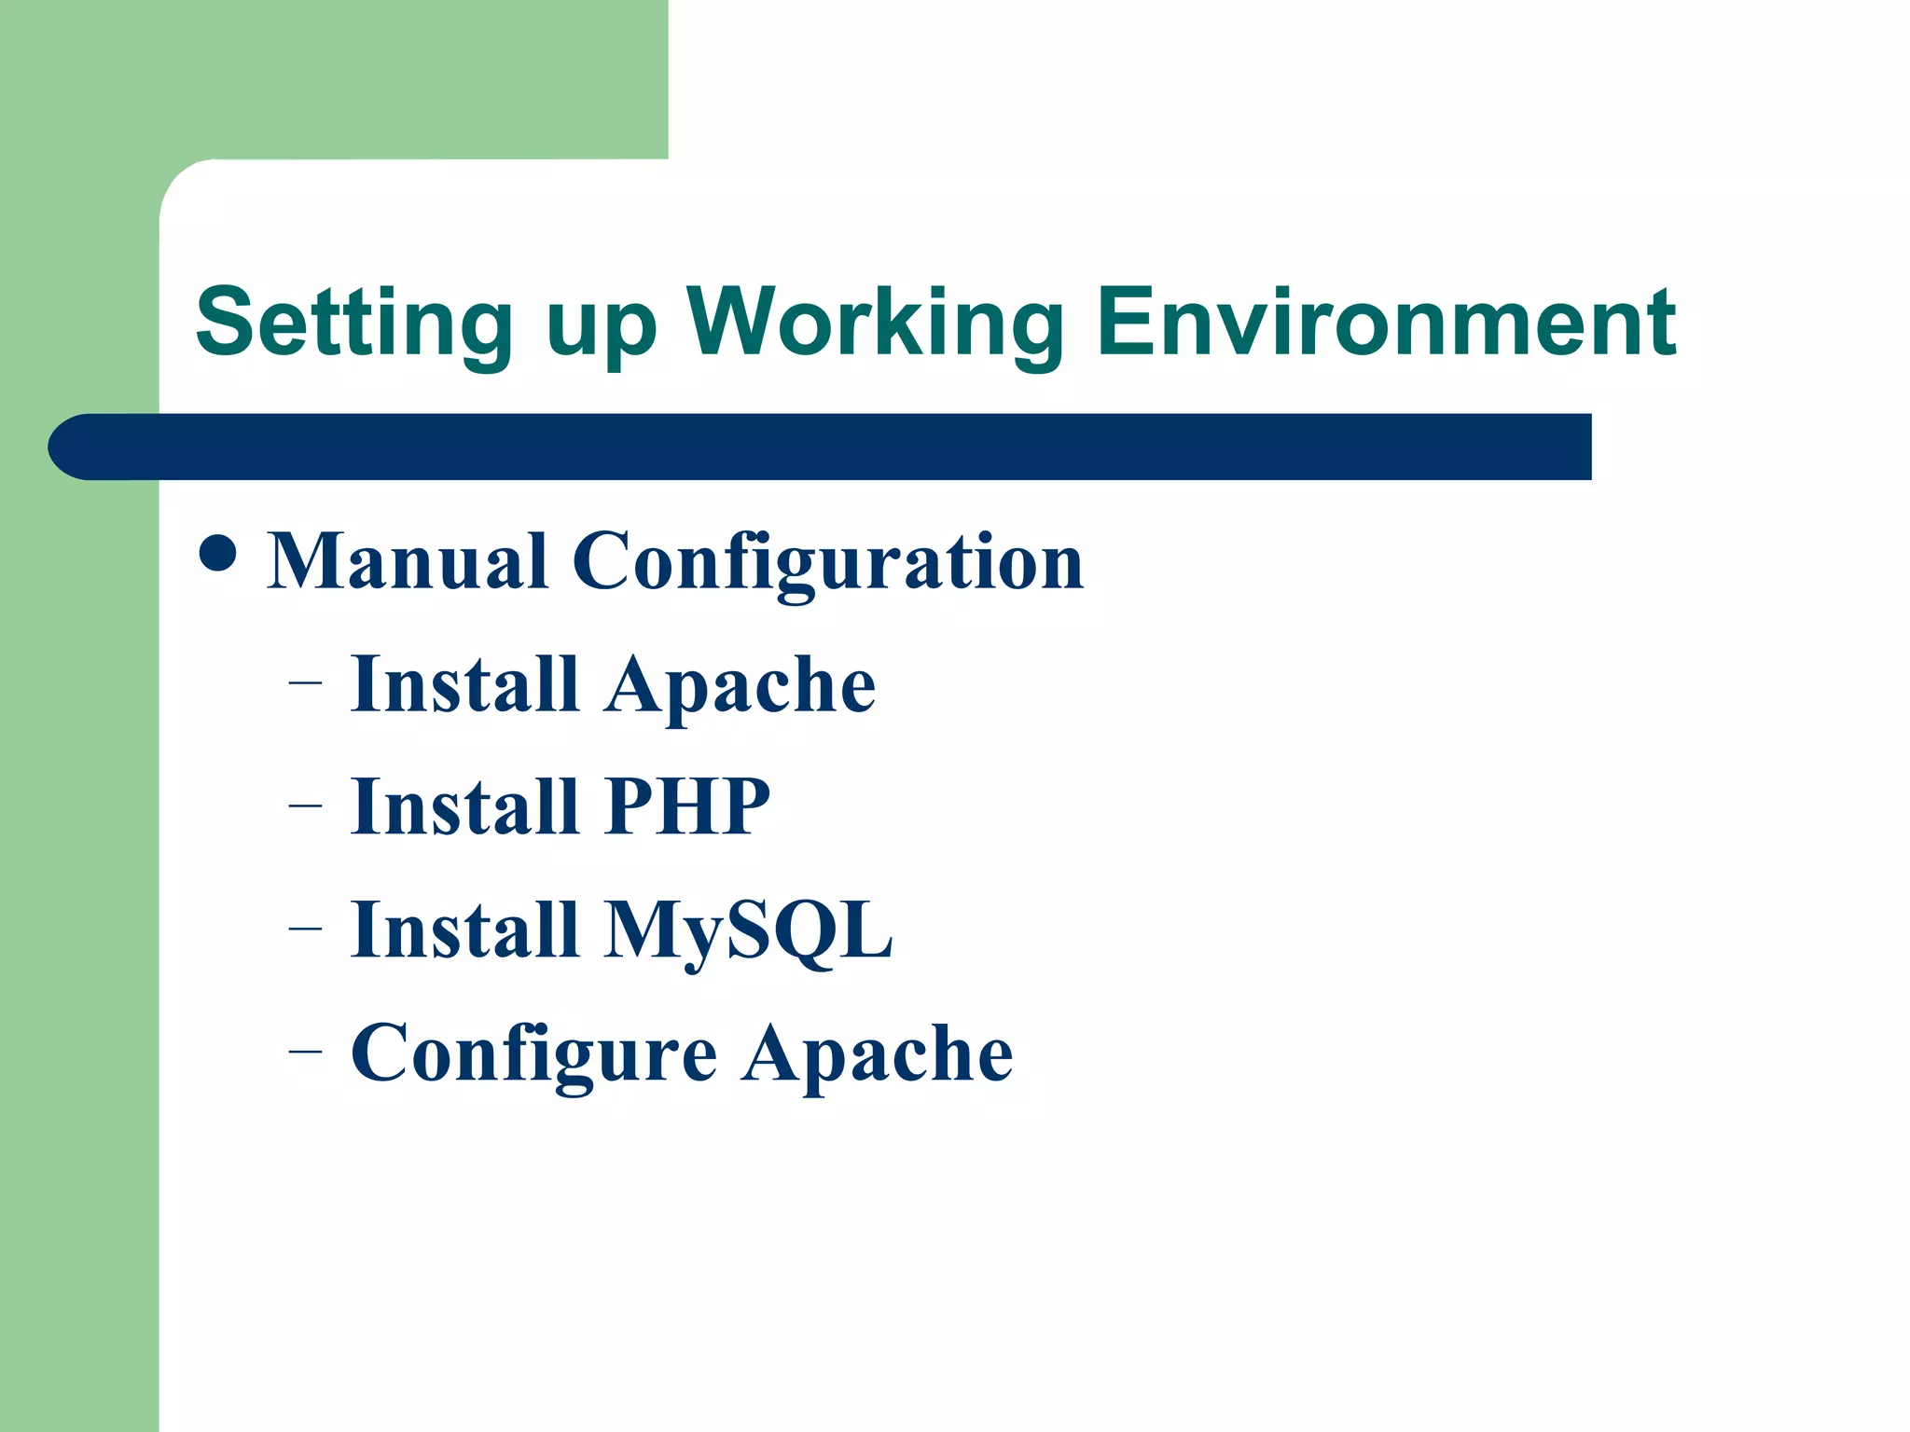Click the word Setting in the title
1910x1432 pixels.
(354, 324)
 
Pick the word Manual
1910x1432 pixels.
(408, 561)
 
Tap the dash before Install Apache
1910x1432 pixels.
(305, 682)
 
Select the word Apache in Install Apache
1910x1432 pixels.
(740, 686)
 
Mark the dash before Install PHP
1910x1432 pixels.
(305, 805)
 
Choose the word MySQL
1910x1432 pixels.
(748, 931)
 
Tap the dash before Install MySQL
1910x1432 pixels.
(305, 928)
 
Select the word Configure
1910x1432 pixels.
(533, 1054)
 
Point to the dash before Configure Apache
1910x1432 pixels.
(305, 1051)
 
